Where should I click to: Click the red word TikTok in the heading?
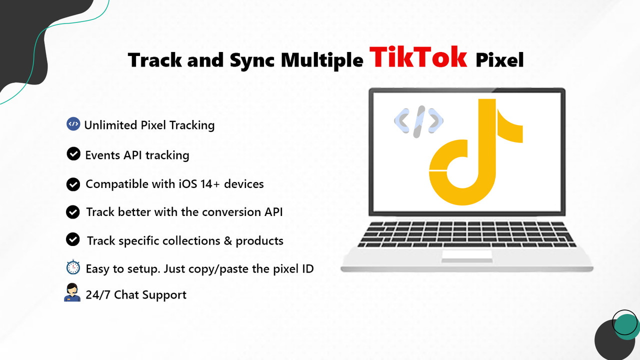(x=418, y=57)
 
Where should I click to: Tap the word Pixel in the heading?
(x=499, y=60)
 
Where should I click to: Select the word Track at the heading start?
(x=154, y=60)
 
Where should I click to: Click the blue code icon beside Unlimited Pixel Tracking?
(x=73, y=124)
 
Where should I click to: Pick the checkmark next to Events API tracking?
(x=73, y=154)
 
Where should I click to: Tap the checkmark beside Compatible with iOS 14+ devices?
(x=73, y=184)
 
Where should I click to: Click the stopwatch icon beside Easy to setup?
(x=73, y=268)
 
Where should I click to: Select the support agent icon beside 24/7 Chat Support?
(x=72, y=292)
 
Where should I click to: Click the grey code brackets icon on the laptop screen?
(x=418, y=121)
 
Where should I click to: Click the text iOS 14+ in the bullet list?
(x=193, y=184)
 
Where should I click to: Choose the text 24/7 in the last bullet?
(x=98, y=294)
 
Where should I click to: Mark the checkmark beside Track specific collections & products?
(x=73, y=240)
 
